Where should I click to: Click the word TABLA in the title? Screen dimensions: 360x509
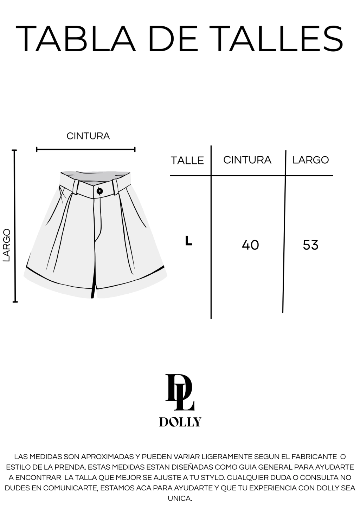(76, 39)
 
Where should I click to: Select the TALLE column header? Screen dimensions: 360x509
(187, 161)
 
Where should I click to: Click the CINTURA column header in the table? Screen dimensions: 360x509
(247, 160)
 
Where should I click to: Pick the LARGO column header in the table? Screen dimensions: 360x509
(310, 160)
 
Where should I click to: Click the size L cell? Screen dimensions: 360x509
(189, 241)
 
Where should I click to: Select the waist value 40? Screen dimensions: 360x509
(250, 245)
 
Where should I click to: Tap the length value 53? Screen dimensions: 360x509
(310, 245)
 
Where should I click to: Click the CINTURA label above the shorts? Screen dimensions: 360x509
(88, 136)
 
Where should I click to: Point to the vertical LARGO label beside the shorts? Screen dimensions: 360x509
(7, 245)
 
